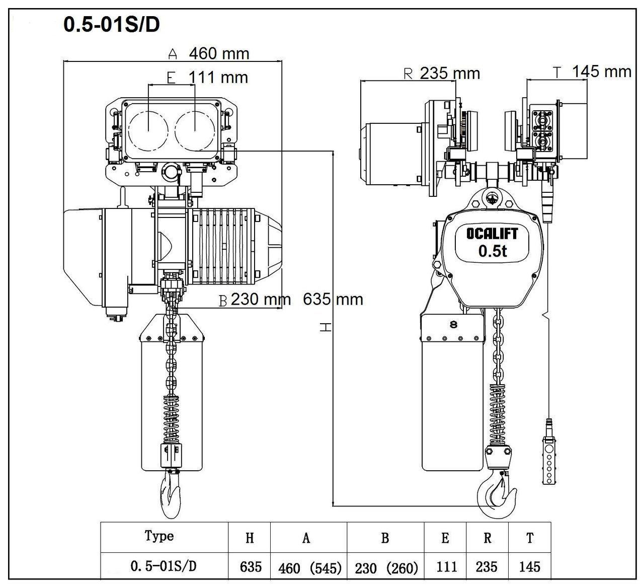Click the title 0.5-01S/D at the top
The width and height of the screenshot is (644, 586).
[111, 25]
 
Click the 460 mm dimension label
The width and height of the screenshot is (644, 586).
[219, 53]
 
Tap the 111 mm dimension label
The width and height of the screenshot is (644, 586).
[218, 77]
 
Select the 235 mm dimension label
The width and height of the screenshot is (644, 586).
[450, 74]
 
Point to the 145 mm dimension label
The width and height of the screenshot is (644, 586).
[601, 71]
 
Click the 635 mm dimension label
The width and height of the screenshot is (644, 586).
[333, 300]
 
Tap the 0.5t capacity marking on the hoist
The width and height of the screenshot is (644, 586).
[493, 251]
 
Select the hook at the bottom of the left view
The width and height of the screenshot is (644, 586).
[170, 496]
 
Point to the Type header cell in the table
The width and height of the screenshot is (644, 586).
[159, 537]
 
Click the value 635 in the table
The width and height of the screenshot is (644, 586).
[251, 567]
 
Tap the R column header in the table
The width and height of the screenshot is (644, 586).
[487, 538]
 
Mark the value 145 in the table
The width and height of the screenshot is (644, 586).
[529, 567]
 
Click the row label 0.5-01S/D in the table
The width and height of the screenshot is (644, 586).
[164, 566]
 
